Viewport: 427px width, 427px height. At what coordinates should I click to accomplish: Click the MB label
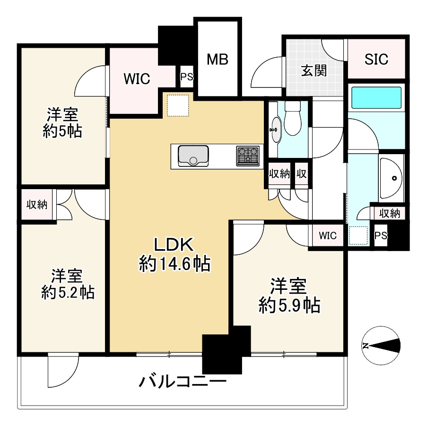tap(218, 60)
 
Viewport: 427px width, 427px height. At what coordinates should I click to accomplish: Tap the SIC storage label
tap(376, 59)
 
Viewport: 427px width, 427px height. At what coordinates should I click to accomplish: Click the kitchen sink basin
tap(193, 156)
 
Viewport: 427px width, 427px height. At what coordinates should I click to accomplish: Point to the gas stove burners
tap(248, 156)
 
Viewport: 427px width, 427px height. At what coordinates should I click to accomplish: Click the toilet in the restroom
tap(293, 121)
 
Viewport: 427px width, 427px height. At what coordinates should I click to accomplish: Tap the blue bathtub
tap(376, 97)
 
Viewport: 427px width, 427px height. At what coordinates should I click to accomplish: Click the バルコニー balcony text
tap(183, 381)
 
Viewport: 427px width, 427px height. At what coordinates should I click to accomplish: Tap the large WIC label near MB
tap(137, 78)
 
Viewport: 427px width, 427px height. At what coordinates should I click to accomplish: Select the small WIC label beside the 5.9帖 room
tap(328, 235)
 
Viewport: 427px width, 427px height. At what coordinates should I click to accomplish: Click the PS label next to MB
tap(186, 77)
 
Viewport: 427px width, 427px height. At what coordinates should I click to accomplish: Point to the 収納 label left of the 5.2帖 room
tap(36, 205)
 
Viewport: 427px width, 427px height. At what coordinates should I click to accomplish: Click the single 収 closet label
tap(301, 174)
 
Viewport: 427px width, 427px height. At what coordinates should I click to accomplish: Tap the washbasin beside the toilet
tap(275, 129)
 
